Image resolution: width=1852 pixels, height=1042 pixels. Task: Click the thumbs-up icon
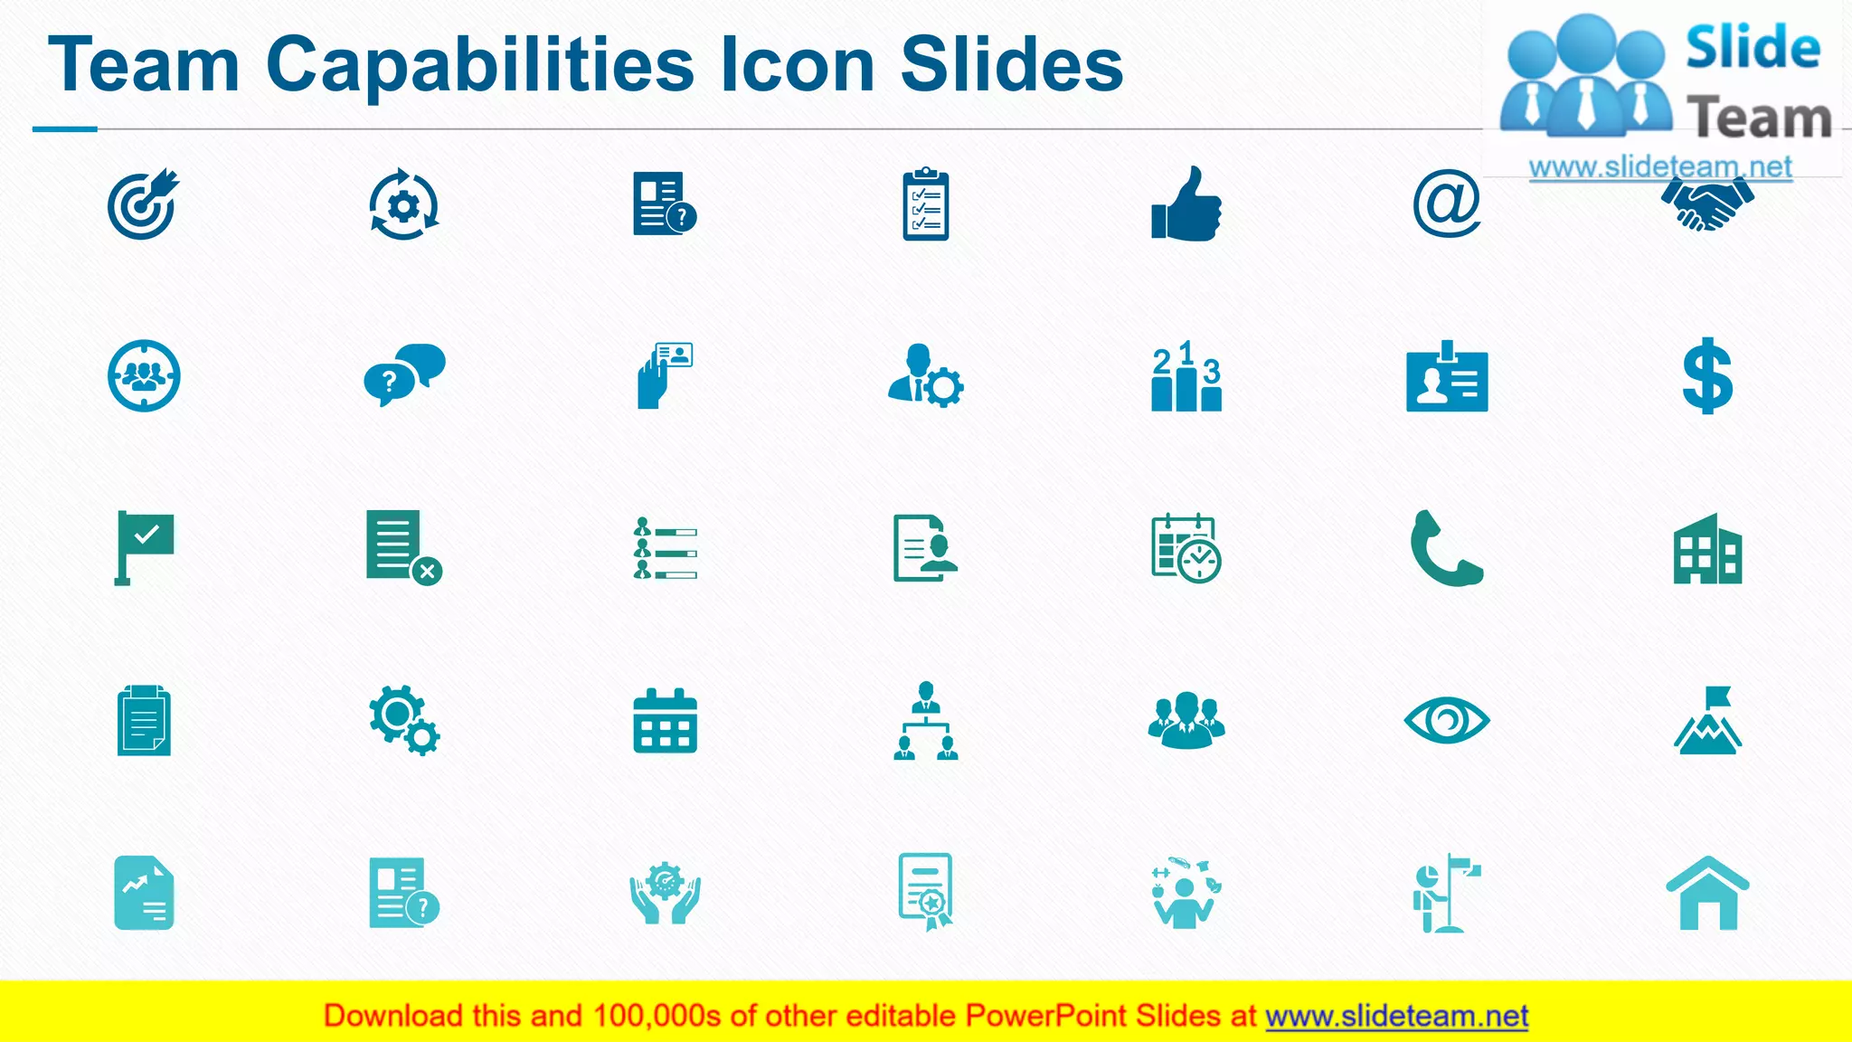(1186, 205)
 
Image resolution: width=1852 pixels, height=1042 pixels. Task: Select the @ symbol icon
(1446, 204)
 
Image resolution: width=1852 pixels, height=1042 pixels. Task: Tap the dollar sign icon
(1707, 375)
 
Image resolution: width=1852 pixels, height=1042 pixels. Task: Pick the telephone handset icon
(1445, 549)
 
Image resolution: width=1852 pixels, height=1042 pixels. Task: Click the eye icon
(1446, 721)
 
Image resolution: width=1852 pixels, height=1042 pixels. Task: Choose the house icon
(1707, 894)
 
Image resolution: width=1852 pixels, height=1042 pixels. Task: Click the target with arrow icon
(143, 204)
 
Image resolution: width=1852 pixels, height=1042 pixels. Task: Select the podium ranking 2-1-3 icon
(1186, 376)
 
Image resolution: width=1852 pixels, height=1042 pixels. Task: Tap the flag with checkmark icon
(144, 547)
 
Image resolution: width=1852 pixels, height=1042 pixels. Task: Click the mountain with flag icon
(1707, 721)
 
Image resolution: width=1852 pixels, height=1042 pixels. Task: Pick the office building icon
(1707, 549)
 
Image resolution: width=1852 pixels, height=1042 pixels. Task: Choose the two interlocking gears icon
(403, 720)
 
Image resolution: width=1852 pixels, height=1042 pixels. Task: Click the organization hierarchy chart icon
(925, 721)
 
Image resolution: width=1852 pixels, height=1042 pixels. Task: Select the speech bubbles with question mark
(403, 374)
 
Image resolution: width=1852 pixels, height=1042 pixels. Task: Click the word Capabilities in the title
(480, 65)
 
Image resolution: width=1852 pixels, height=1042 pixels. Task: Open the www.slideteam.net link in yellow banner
(1396, 1016)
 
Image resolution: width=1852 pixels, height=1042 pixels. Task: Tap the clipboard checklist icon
(925, 204)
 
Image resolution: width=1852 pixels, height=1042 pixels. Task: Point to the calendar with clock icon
(1186, 549)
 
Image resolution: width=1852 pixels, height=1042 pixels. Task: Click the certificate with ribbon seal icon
(925, 892)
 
